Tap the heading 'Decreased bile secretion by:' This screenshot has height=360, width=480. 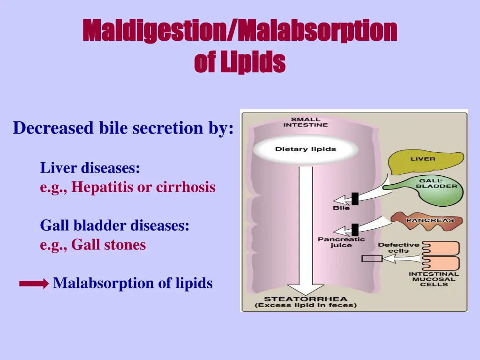click(x=123, y=127)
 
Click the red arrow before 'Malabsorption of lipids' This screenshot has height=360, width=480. click(x=34, y=284)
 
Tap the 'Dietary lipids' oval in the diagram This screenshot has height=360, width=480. click(x=306, y=150)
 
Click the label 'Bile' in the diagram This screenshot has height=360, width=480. click(x=341, y=208)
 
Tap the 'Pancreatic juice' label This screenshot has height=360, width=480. click(x=341, y=242)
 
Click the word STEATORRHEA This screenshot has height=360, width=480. click(x=306, y=299)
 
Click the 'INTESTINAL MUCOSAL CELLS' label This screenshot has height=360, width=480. click(x=434, y=279)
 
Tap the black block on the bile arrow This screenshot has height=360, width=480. click(x=355, y=199)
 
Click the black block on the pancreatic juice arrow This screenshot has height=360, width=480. click(x=355, y=230)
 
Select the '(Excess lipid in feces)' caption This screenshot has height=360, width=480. click(x=306, y=306)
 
